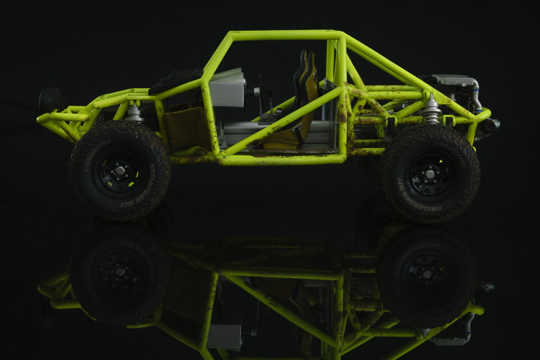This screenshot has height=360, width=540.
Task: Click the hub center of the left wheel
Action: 120,170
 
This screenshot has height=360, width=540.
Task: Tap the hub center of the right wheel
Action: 430,173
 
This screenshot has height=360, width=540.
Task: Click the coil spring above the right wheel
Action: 432,111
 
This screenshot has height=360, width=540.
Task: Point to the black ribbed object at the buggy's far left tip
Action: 52,100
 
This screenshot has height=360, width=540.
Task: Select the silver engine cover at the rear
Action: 452,80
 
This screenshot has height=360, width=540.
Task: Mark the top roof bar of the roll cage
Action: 285,35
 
